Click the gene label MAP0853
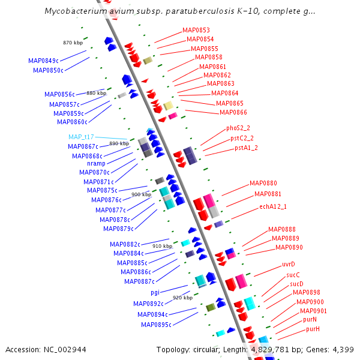click(x=196, y=30)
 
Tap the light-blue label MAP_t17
click(x=81, y=137)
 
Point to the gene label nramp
click(x=96, y=163)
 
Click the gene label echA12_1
click(x=273, y=206)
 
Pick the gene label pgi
click(x=155, y=293)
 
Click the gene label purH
click(x=313, y=329)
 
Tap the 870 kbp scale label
click(x=73, y=43)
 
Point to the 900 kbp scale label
click(x=141, y=194)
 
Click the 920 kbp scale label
click(x=182, y=297)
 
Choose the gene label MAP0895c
click(x=156, y=325)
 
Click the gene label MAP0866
click(x=233, y=112)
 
